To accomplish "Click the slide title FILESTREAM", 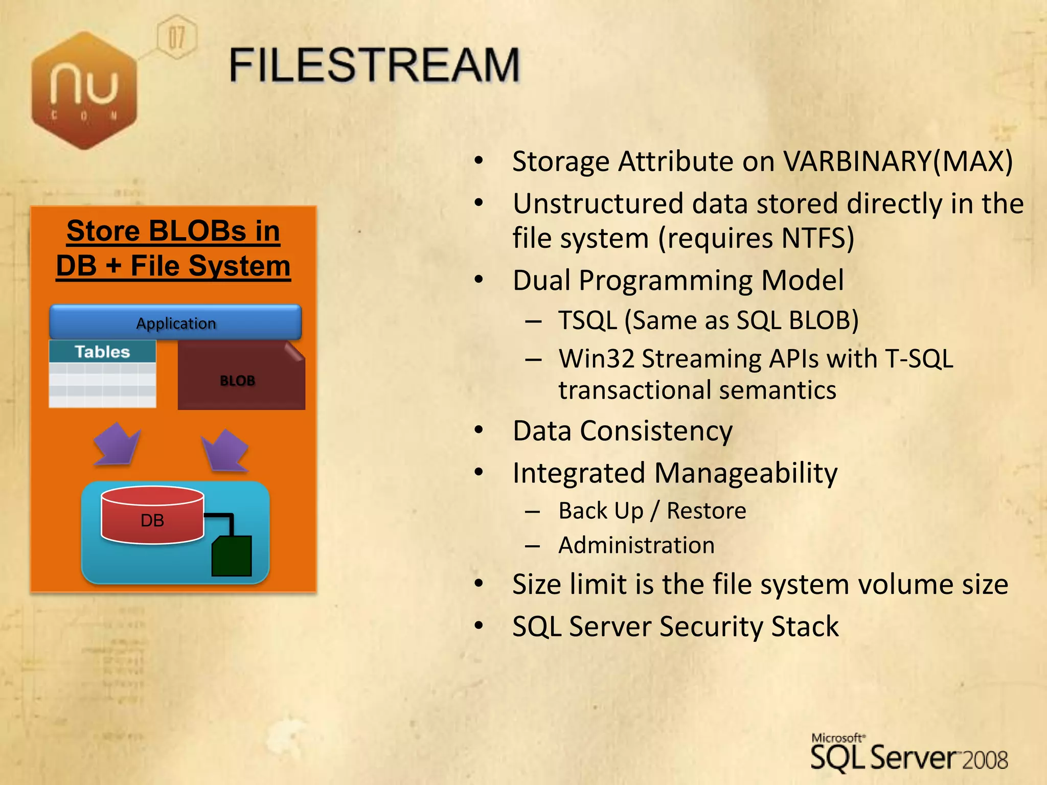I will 374,65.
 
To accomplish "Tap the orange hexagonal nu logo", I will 84,90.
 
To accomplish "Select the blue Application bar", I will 175,322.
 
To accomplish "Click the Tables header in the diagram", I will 102,352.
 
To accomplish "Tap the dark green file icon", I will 232,556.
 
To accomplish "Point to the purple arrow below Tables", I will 117,444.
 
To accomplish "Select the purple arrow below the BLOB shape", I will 225,450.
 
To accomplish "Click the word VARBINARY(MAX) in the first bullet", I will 898,161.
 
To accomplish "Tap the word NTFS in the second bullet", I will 817,238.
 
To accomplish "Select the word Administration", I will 636,545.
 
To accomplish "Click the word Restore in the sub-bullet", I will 707,511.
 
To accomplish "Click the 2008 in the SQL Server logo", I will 985,760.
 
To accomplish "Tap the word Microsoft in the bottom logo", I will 837,738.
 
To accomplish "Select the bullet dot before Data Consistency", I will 479,430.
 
